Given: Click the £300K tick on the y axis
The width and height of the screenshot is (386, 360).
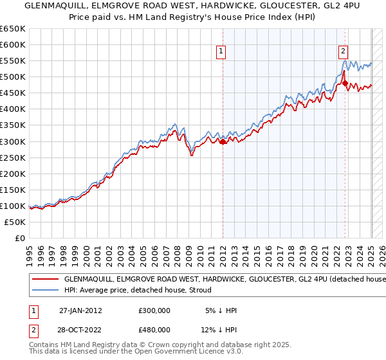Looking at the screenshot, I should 12,141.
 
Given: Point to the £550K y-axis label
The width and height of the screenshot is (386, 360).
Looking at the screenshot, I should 12,60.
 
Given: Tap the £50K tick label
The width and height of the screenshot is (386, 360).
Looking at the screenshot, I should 15,222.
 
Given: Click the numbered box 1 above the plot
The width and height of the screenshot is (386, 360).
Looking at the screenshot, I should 221,52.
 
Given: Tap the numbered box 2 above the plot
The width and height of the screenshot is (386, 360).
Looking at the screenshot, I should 344,52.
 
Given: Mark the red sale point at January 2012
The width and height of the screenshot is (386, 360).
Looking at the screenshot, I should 223,141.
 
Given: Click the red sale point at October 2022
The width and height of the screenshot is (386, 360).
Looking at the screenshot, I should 345,83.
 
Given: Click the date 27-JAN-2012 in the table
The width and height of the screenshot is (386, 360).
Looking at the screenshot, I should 80,310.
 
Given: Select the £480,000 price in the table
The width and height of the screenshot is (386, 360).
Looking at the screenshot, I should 154,330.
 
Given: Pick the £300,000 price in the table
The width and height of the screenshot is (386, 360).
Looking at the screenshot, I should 154,310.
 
